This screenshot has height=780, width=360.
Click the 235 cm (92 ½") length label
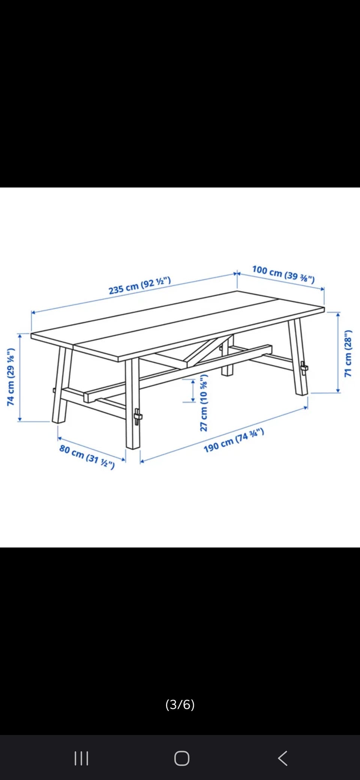coord(140,285)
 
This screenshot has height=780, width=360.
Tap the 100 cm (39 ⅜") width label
coord(283,274)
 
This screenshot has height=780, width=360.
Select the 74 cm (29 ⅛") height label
coord(11,377)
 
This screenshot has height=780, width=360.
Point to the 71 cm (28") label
coord(348,353)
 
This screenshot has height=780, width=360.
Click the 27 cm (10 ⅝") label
coord(204,403)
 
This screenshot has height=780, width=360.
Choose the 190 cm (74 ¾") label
coord(234,440)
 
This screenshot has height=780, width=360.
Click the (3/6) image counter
coord(180,704)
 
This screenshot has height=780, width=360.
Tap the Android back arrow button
coord(283,758)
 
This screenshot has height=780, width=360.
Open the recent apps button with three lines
coord(81,758)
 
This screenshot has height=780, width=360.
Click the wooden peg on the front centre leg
coord(138,417)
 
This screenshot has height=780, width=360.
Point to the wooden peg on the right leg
coord(304,367)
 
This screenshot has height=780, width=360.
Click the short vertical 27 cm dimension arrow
coord(193,391)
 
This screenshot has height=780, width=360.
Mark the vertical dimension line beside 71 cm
coord(338,352)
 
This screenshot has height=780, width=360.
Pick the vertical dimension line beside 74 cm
coord(19,377)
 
